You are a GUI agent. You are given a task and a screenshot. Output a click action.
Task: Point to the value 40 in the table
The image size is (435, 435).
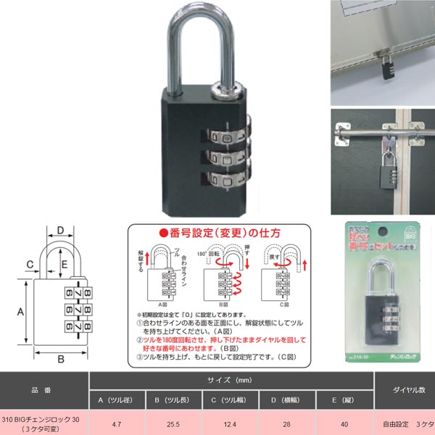click(x=344, y=423)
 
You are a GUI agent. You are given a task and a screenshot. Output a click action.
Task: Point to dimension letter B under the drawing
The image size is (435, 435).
click(x=62, y=359)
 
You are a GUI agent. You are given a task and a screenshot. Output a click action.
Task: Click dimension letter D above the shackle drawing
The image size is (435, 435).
click(x=62, y=231)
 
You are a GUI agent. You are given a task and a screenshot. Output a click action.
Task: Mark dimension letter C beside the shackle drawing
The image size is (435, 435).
click(x=30, y=263)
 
